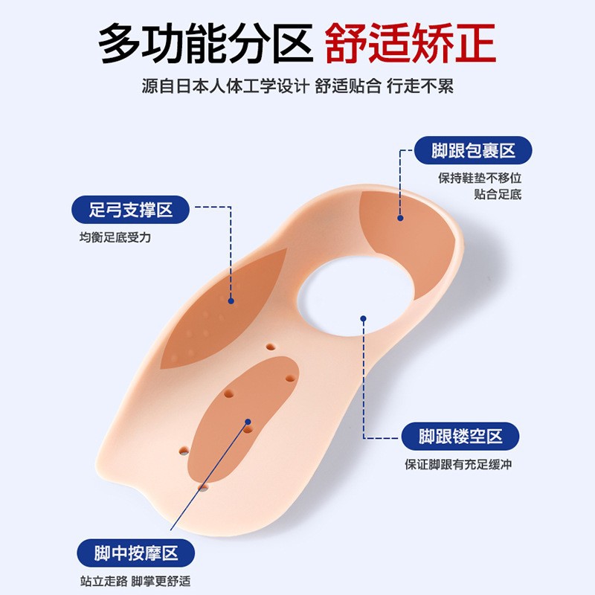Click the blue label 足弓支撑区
coord(131,210)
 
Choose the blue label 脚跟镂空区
coord(460,436)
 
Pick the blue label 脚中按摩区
coord(135,553)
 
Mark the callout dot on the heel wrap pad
coord(399,218)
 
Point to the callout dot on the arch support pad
coord(231,300)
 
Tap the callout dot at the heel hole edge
coord(363,319)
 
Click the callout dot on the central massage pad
coord(248,422)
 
